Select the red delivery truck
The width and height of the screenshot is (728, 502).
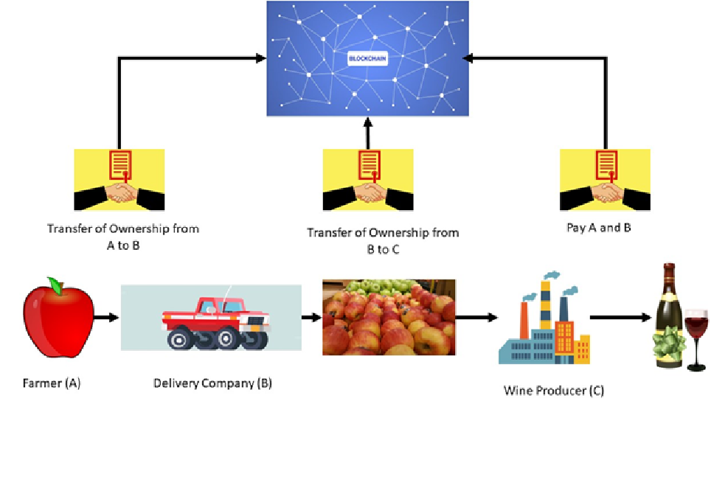216,321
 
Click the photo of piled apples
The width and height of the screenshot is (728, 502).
389,317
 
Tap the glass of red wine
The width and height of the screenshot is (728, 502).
696,335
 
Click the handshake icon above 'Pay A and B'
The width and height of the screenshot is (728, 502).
605,181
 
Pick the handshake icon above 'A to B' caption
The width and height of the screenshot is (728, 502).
119,181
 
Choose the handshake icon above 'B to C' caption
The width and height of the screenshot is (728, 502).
368,181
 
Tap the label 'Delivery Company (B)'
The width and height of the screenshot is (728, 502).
212,383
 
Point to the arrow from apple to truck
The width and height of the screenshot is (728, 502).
107,318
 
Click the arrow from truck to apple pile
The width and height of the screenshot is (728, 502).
312,318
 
